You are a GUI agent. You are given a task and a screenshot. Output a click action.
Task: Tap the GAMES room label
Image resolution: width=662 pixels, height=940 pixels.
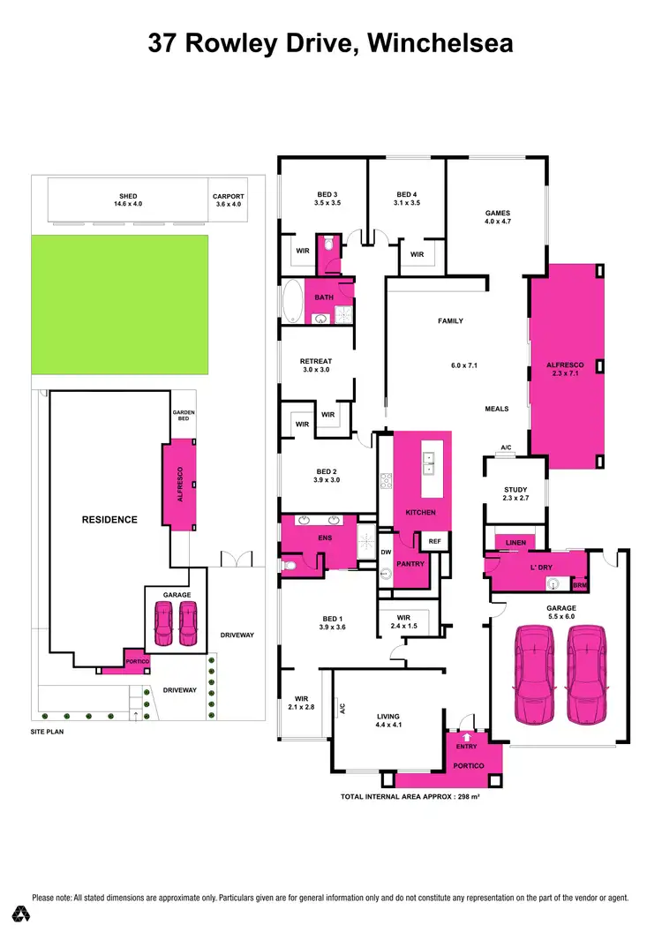(x=498, y=213)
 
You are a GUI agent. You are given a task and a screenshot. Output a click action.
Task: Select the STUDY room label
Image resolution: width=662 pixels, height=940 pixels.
(x=515, y=490)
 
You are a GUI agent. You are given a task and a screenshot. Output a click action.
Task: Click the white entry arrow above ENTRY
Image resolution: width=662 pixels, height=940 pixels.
(x=467, y=735)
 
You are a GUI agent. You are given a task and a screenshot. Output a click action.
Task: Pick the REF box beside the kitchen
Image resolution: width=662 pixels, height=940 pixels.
(x=434, y=541)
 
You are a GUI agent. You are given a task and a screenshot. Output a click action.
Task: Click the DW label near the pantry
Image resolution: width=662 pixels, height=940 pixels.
(x=386, y=553)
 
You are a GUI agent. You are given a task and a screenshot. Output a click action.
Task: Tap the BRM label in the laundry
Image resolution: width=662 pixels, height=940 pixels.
(x=579, y=585)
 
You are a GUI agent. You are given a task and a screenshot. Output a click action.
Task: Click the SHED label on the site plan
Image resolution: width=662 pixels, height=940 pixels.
(x=128, y=196)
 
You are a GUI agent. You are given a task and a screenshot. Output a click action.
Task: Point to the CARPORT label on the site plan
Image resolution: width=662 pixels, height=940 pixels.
(x=228, y=196)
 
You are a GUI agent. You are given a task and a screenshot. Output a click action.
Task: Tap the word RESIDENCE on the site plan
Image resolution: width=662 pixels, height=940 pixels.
(x=109, y=520)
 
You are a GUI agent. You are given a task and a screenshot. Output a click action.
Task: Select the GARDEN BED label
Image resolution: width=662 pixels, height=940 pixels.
(x=184, y=416)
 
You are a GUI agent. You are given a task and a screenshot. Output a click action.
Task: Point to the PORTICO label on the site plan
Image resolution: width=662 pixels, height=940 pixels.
(x=137, y=662)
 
